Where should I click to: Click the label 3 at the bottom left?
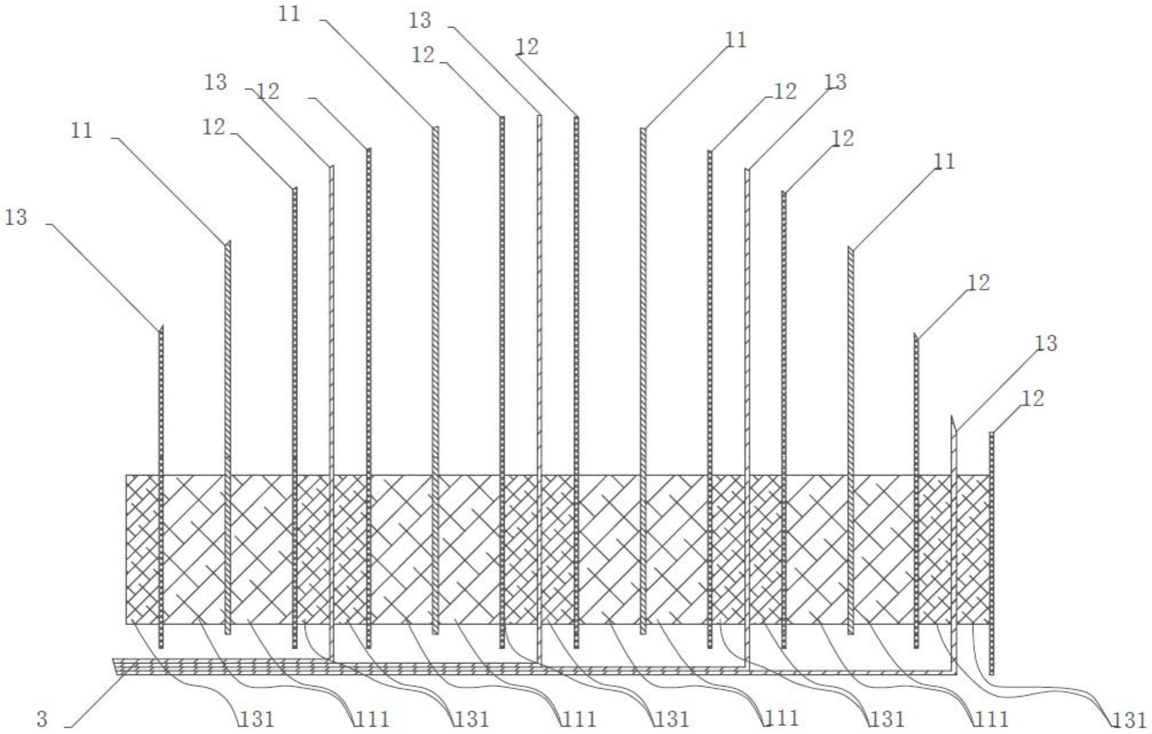tap(42, 719)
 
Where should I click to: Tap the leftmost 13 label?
tap(16, 218)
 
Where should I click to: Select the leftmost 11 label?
tap(81, 131)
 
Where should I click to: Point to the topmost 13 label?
tap(420, 21)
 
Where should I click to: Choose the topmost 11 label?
tap(289, 14)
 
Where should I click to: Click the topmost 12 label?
tap(527, 47)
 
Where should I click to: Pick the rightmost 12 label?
tap(1033, 398)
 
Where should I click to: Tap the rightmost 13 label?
tap(1046, 343)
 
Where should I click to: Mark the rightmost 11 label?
tap(945, 162)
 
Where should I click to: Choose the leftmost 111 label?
tap(373, 719)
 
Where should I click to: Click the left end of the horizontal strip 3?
tap(114, 666)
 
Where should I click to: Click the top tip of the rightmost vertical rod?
tap(992, 434)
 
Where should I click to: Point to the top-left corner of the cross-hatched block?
tap(127, 475)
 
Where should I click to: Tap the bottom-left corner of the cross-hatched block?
tap(127, 623)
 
